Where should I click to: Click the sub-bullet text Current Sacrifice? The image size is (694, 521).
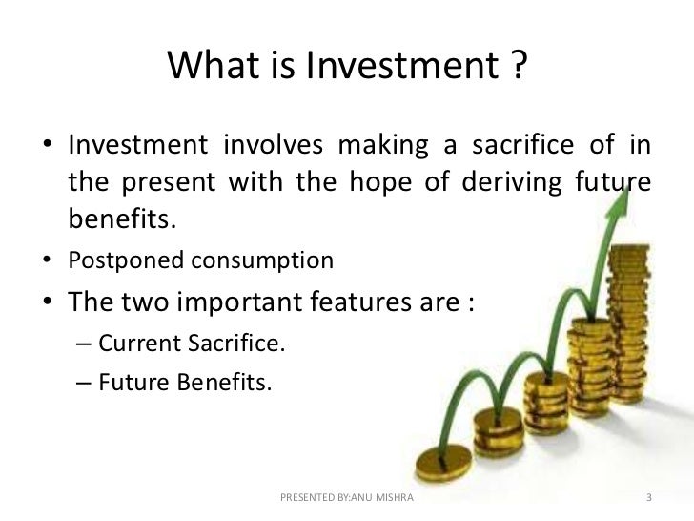tap(176, 346)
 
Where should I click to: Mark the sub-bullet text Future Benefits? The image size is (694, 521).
tap(170, 385)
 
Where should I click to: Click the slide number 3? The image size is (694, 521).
tap(648, 499)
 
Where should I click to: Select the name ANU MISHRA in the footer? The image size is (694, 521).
tap(380, 499)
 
